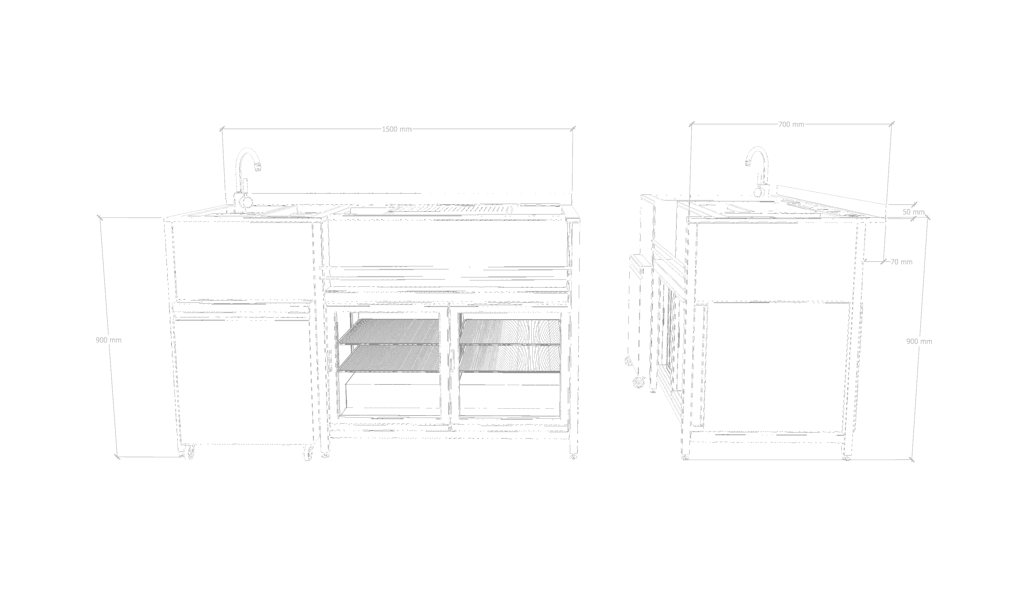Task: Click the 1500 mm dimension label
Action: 397,129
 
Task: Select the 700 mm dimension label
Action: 791,124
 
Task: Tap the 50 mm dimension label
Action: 913,212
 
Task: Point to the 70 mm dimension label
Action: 901,262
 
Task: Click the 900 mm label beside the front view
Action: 109,340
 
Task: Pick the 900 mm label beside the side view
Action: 919,342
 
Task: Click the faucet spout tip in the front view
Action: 258,166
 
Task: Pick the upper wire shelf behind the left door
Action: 389,331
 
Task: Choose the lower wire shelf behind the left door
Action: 389,358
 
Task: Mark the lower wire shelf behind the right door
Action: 510,358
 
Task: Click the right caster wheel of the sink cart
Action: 309,455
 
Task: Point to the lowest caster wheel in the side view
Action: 639,382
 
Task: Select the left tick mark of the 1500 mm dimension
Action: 222,129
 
